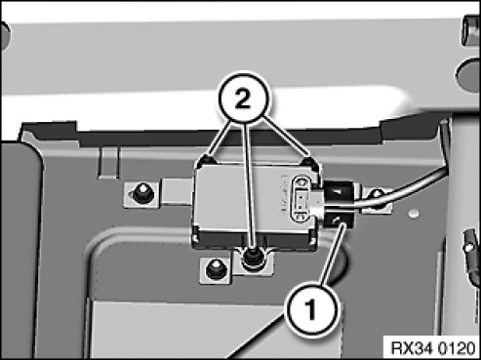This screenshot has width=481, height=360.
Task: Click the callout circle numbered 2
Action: (x=243, y=100)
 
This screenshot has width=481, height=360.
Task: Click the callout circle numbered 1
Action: (x=311, y=309)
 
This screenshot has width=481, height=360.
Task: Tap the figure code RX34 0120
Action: (x=432, y=348)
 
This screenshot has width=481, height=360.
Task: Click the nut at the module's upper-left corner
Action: (x=208, y=160)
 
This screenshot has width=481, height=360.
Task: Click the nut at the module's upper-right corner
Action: (x=308, y=162)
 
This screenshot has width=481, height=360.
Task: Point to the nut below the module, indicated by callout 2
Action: (x=251, y=257)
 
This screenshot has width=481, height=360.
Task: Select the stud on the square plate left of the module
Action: (x=141, y=192)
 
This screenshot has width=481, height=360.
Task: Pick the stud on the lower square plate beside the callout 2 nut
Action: (x=215, y=268)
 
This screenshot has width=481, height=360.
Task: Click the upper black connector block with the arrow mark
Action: (x=339, y=193)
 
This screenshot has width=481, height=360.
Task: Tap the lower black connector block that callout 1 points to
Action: (x=338, y=221)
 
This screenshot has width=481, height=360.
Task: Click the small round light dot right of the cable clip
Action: (x=414, y=214)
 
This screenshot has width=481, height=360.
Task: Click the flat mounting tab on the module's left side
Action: (x=177, y=192)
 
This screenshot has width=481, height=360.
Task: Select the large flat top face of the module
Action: (x=247, y=198)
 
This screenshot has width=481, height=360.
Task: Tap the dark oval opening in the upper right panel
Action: (x=469, y=72)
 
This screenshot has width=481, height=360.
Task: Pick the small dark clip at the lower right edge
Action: (x=470, y=247)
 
